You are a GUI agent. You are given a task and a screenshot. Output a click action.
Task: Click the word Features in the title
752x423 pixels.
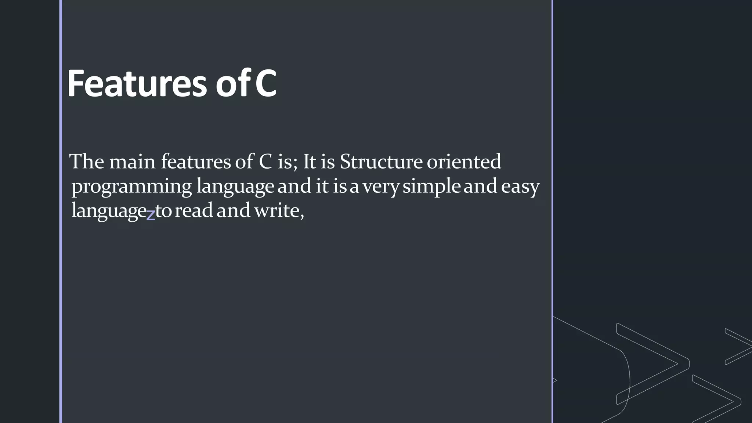click(x=137, y=84)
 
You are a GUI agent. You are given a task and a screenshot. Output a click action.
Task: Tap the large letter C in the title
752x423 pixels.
click(x=265, y=84)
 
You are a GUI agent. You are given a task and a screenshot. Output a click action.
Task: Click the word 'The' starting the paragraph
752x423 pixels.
click(x=87, y=162)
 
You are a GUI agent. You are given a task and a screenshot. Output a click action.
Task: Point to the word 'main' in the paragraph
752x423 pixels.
click(x=133, y=162)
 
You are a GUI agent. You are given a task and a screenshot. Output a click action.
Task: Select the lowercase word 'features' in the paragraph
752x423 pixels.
click(x=196, y=162)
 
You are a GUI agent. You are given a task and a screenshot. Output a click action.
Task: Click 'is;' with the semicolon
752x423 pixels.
click(x=287, y=162)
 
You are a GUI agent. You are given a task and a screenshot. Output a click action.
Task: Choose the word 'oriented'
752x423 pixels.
click(x=464, y=162)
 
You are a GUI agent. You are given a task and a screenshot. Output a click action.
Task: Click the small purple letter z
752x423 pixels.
click(x=151, y=215)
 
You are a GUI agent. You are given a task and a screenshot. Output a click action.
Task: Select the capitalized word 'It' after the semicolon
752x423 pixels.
click(x=309, y=162)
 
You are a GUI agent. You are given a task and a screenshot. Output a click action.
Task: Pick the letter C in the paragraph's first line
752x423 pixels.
click(x=265, y=162)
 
